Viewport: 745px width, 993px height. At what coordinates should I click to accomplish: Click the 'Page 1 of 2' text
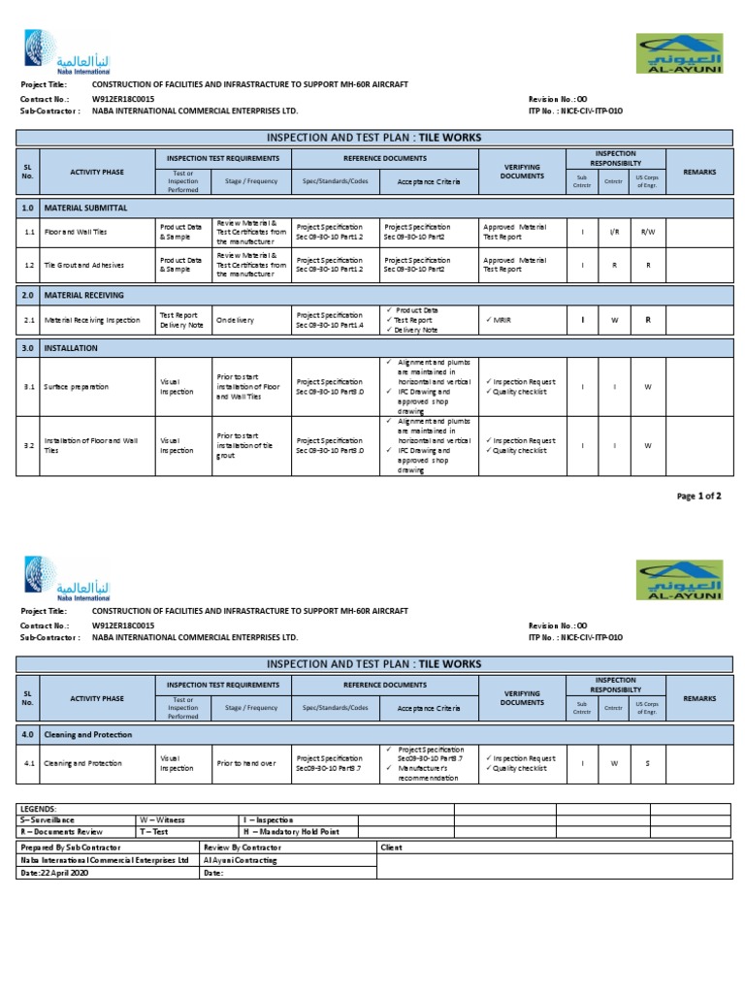(x=698, y=496)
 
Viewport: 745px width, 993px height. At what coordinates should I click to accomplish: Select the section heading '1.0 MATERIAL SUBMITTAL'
(x=74, y=208)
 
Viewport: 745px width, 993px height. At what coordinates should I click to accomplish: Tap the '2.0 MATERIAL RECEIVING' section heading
(x=72, y=295)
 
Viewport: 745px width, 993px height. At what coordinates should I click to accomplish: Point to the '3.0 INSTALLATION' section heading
(x=58, y=347)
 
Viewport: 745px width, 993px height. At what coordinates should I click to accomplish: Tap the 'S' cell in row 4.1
(x=648, y=763)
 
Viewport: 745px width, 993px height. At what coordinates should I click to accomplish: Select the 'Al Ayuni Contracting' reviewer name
(x=240, y=859)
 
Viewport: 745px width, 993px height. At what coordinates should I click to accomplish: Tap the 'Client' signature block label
(x=391, y=846)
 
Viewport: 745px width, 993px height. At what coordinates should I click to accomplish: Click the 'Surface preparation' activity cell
(x=76, y=387)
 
